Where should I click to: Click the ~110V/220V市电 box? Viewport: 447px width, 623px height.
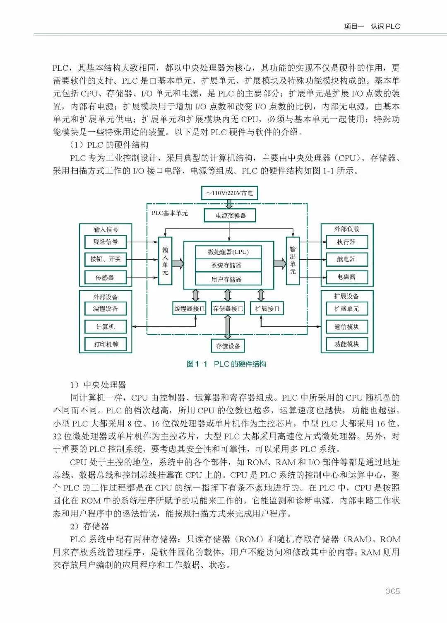pyautogui.click(x=230, y=193)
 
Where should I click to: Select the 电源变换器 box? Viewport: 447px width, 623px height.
pyautogui.click(x=230, y=215)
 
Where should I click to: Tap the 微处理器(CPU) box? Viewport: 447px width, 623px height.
pyautogui.click(x=228, y=252)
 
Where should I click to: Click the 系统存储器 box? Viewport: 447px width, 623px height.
pyautogui.click(x=228, y=265)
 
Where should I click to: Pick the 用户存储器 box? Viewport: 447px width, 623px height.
pyautogui.click(x=228, y=279)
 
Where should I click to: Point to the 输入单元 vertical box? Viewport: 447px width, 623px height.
pyautogui.click(x=165, y=261)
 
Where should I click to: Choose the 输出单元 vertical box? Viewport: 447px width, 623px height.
pyautogui.click(x=293, y=261)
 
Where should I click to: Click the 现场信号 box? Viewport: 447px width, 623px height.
pyautogui.click(x=105, y=241)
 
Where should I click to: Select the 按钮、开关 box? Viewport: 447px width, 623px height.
pyautogui.click(x=105, y=259)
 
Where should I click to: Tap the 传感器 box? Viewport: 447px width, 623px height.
pyautogui.click(x=105, y=277)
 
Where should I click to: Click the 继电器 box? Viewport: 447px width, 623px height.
pyautogui.click(x=346, y=259)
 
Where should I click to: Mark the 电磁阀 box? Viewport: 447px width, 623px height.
pyautogui.click(x=346, y=277)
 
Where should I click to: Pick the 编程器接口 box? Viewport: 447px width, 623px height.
pyautogui.click(x=189, y=309)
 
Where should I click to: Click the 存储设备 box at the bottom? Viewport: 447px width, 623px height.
pyautogui.click(x=228, y=346)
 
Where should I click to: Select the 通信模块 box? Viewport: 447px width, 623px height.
pyautogui.click(x=346, y=327)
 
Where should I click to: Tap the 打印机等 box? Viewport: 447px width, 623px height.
pyautogui.click(x=105, y=344)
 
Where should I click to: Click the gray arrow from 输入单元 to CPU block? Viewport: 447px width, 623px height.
pyautogui.click(x=178, y=264)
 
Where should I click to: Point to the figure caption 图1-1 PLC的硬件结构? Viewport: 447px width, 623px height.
pyautogui.click(x=226, y=364)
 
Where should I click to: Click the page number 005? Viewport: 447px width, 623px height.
pyautogui.click(x=392, y=592)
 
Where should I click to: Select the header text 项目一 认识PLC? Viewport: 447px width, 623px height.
pyautogui.click(x=372, y=26)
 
